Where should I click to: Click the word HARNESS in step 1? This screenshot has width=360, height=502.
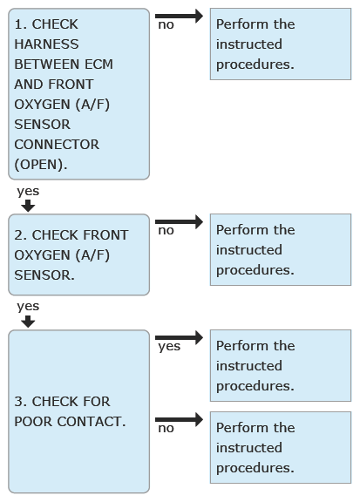[x=46, y=44]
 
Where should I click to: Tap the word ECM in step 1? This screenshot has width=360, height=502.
[x=99, y=64]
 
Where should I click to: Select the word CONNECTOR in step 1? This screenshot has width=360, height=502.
[x=57, y=145]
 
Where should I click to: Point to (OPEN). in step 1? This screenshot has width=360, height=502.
[x=41, y=165]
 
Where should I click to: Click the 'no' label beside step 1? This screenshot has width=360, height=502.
[x=166, y=25]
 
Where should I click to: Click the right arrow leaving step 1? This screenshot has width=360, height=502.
[x=179, y=16]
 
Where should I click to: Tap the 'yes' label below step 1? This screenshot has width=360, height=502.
[x=28, y=192]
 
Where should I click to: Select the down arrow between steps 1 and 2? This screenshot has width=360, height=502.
[x=28, y=206]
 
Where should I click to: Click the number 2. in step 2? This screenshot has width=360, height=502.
[x=21, y=235]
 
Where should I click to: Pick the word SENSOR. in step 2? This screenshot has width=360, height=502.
[x=44, y=275]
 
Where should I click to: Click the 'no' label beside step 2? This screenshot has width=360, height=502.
[x=166, y=230]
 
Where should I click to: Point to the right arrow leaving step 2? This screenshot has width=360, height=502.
[x=179, y=221]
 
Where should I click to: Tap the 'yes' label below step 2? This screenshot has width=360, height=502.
[x=28, y=307]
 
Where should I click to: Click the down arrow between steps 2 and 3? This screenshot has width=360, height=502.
[x=28, y=322]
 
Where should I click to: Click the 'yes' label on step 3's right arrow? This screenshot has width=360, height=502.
[x=169, y=347]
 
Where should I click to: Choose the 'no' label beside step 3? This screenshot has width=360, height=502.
[x=166, y=429]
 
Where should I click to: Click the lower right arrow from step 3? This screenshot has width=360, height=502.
[x=179, y=419]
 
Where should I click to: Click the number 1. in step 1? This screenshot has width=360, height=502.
[x=21, y=24]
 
